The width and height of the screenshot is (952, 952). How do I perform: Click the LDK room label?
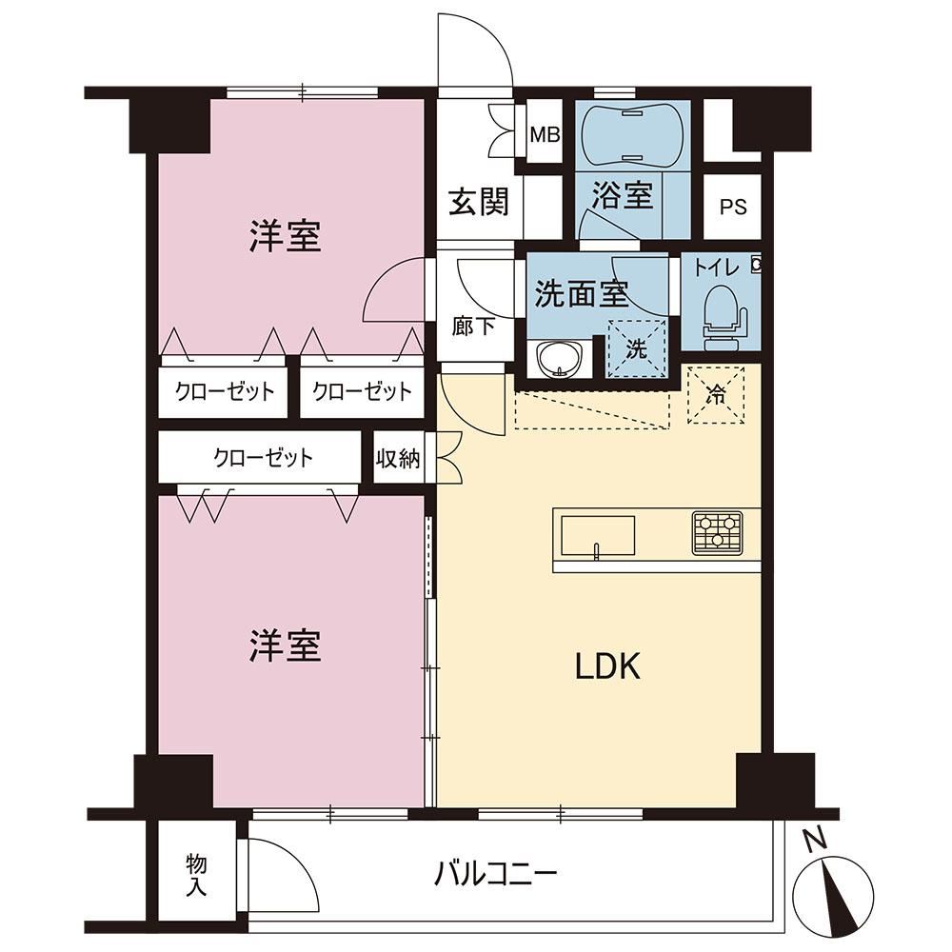tap(607, 666)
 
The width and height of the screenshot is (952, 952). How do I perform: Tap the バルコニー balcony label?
tap(495, 874)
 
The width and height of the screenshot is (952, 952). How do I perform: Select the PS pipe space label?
tap(733, 207)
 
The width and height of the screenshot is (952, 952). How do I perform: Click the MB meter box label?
tap(545, 135)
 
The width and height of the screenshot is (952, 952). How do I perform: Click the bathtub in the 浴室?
tap(632, 134)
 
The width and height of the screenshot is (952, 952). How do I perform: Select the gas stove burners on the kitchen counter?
tap(718, 533)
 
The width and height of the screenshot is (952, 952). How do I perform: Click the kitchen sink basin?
tap(598, 535)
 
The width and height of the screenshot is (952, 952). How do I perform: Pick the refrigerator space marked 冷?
tap(716, 395)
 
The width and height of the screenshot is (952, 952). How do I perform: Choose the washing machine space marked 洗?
tap(637, 348)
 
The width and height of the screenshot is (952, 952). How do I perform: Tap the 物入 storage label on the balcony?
tap(196, 875)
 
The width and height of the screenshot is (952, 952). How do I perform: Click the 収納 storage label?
tap(398, 459)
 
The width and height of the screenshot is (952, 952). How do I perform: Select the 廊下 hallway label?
tap(473, 327)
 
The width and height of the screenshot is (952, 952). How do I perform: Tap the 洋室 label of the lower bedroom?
tap(285, 645)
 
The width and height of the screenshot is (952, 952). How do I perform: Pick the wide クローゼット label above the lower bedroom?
tap(263, 457)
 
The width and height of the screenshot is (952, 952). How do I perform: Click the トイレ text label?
tap(717, 268)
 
